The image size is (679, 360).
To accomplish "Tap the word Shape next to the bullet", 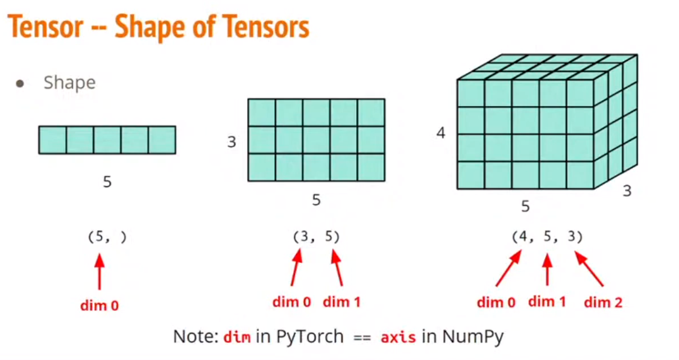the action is click(69, 83).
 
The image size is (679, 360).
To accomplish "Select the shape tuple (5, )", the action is click(107, 237).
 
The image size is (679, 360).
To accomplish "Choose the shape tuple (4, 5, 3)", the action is click(547, 237).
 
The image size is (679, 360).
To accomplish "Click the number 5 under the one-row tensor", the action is click(107, 182).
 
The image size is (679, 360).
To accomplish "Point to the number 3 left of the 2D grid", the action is click(232, 142).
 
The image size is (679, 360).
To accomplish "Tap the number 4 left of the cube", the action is click(441, 133).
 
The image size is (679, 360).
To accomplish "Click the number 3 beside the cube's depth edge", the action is click(627, 191).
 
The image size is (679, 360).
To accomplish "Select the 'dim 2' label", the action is click(603, 302).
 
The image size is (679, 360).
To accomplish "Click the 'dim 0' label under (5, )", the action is click(99, 305).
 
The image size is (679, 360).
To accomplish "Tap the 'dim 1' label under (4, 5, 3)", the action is click(547, 301).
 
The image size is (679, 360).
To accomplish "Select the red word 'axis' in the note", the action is click(398, 336).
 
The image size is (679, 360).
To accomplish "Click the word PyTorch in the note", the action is click(310, 336).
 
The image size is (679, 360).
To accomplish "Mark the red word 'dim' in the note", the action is click(236, 336).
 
